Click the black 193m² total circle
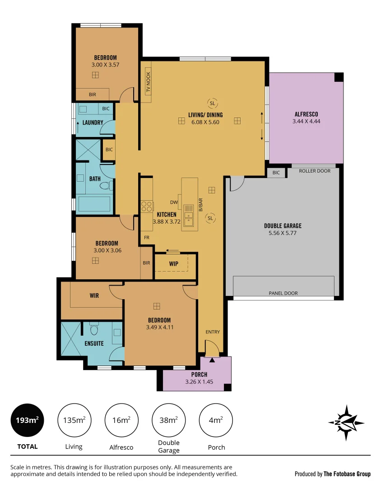(x=28, y=420)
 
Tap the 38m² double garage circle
(x=169, y=420)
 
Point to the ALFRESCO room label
(x=306, y=114)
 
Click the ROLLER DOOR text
(x=315, y=171)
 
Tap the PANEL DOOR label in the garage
(x=283, y=293)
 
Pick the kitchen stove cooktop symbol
(x=147, y=206)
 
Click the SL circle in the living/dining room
(x=212, y=103)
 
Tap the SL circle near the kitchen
(x=210, y=218)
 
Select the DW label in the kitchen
(x=174, y=202)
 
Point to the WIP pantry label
(x=173, y=263)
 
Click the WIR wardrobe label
(x=94, y=296)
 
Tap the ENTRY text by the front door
(x=213, y=332)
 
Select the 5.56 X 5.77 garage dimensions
(x=283, y=233)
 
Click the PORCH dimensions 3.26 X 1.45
(x=199, y=382)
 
